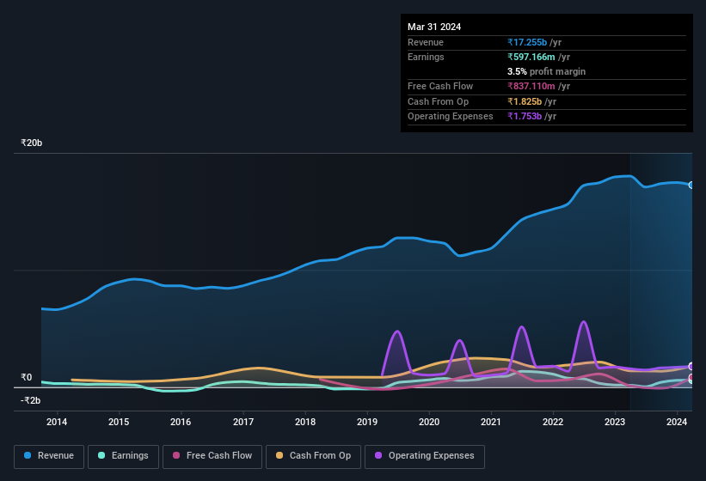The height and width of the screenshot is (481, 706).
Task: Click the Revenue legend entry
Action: pos(48,455)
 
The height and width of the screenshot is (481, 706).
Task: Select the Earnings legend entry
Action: pos(122,455)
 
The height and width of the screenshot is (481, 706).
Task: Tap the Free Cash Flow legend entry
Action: pos(212,455)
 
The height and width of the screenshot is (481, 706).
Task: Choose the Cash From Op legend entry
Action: pos(312,455)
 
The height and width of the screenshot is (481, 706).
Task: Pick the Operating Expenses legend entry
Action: pos(425,455)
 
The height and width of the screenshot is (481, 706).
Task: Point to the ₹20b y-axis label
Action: pos(32,143)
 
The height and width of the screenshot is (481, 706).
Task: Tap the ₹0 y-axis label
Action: pos(26,377)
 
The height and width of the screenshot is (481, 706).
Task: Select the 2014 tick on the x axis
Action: pos(57,422)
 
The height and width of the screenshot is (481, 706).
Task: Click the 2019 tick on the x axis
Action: pos(367,422)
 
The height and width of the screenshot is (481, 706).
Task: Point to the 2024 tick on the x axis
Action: pos(677,422)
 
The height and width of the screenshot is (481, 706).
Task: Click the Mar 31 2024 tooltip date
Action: pos(434,27)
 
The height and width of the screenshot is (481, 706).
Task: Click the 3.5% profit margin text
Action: pos(546,71)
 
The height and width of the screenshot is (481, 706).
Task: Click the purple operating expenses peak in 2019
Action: pos(396,332)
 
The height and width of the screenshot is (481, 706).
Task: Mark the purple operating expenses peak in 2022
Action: pos(583,322)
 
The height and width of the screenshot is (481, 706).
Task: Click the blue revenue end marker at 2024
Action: pos(691,185)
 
